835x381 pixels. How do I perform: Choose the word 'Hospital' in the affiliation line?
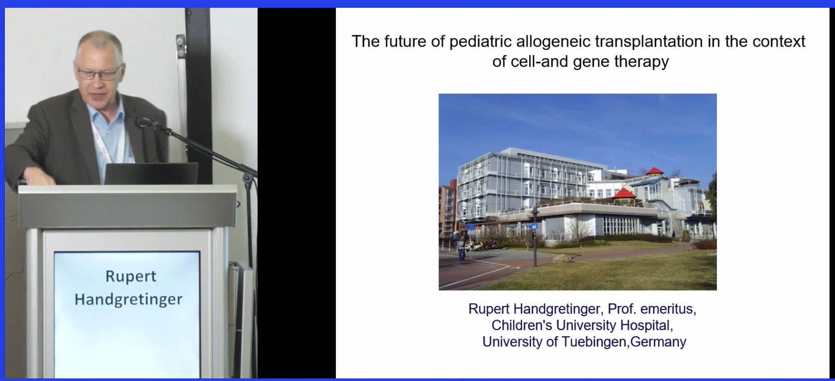[x=646, y=326]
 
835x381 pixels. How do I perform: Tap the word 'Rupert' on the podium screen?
[x=131, y=277]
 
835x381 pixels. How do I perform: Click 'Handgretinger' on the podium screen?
[x=129, y=300]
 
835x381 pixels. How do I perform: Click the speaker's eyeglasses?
[x=99, y=73]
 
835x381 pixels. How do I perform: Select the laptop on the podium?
[x=151, y=173]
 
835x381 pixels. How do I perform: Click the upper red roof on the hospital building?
[x=654, y=172]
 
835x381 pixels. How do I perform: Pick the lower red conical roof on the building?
[x=624, y=194]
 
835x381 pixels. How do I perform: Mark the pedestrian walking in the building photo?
[x=461, y=249]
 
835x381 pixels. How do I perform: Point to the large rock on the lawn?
[x=561, y=258]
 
